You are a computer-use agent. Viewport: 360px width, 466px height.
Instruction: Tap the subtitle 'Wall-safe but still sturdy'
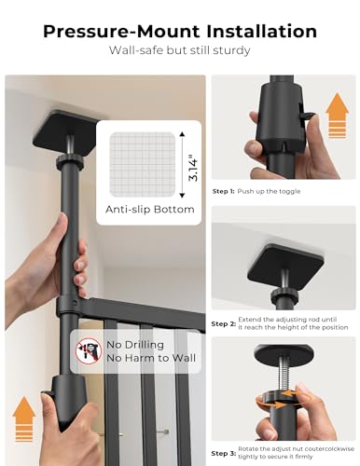click(x=179, y=50)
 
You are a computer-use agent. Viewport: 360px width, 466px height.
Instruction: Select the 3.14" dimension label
click(x=193, y=170)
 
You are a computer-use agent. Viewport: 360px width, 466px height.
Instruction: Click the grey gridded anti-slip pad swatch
click(x=143, y=165)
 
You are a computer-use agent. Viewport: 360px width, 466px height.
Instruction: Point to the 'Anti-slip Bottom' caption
click(x=150, y=210)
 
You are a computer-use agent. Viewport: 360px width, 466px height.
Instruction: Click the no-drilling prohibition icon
click(x=89, y=351)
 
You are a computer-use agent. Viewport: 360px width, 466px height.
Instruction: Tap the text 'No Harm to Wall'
click(x=151, y=358)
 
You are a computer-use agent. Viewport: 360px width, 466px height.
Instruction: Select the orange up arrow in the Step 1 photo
click(x=337, y=116)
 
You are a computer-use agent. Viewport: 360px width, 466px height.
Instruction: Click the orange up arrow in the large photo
click(x=24, y=418)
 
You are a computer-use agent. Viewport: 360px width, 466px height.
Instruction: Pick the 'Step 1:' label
click(x=224, y=191)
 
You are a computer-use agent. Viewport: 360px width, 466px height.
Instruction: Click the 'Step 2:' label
click(x=224, y=323)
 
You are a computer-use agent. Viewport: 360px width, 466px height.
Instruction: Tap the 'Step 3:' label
click(x=224, y=453)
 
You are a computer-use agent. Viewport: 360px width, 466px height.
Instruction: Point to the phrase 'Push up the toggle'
click(x=269, y=191)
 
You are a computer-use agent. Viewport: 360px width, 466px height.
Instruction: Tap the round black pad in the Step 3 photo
click(x=284, y=352)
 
